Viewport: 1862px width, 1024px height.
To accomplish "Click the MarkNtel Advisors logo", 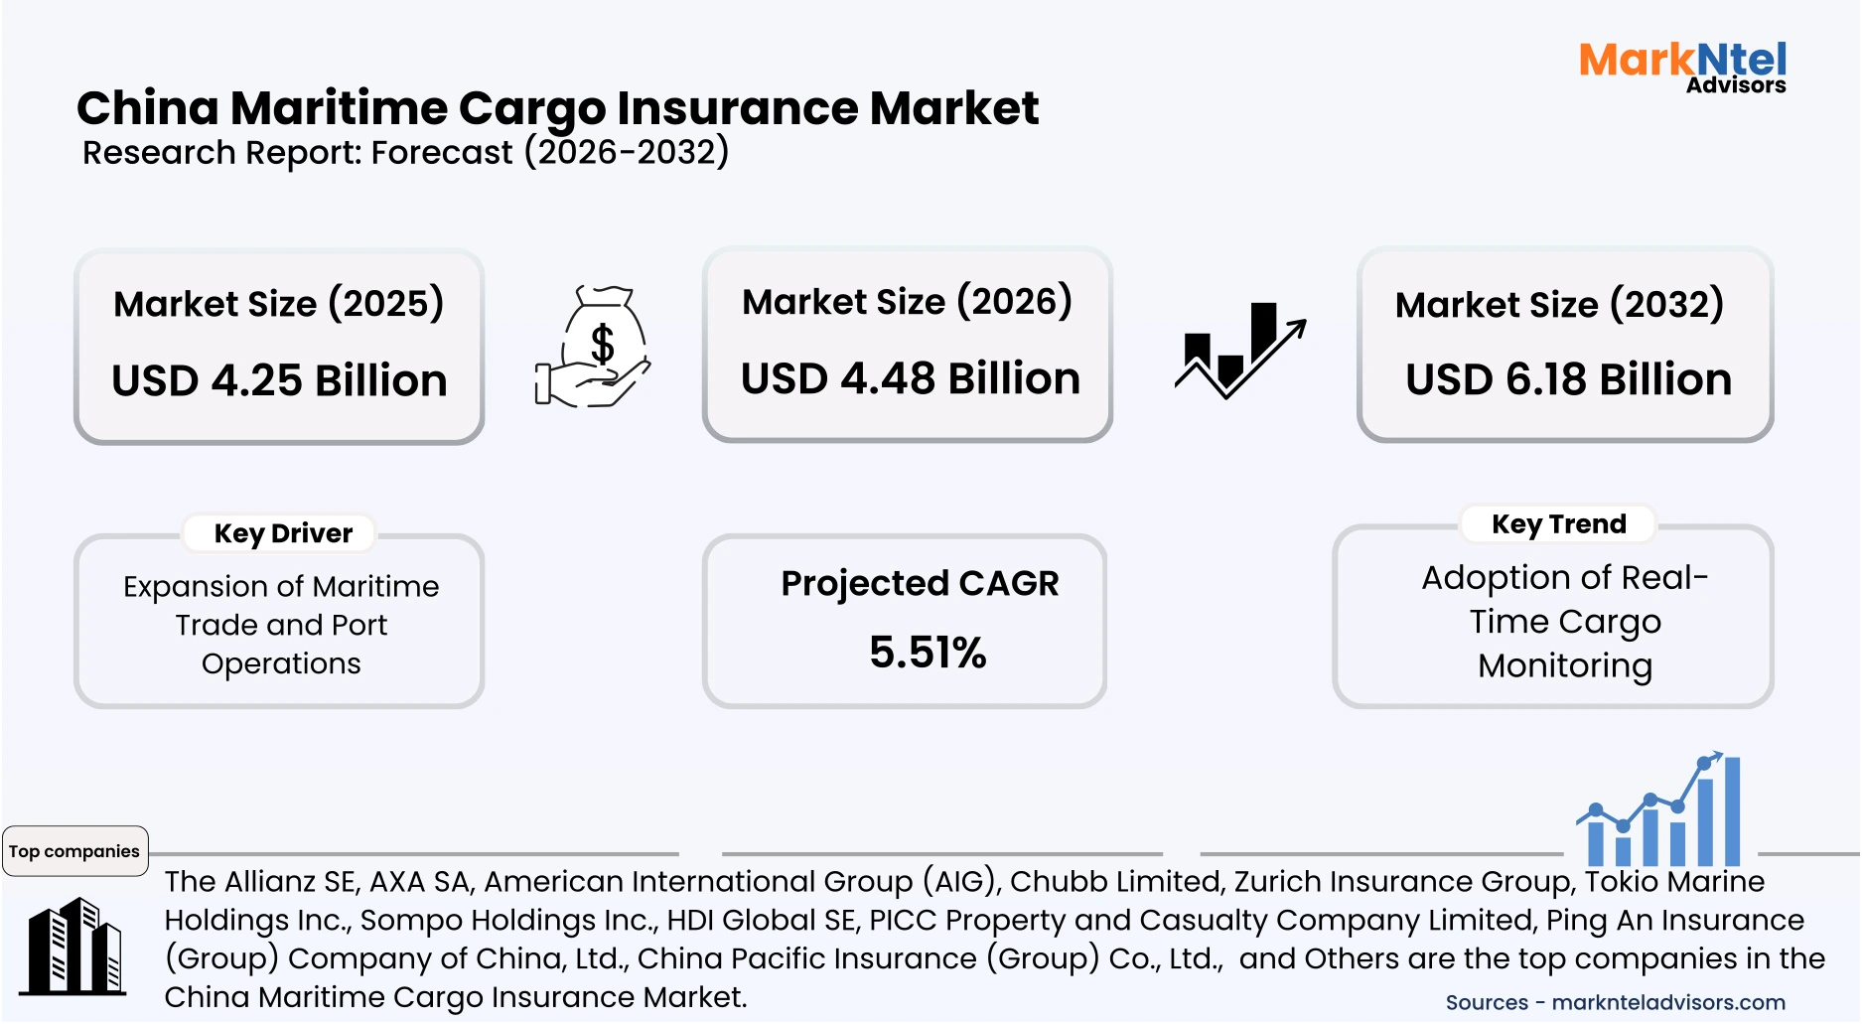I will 1682,67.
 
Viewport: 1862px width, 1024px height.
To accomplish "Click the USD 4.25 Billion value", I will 279,380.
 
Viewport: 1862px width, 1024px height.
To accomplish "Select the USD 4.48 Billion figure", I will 910,378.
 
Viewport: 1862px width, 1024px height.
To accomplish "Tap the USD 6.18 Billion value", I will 1568,379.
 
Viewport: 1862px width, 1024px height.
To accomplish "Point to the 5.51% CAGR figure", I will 928,653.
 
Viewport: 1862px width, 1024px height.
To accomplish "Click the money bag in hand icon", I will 594,347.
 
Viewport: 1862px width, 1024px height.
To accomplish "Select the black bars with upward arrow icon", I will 1239,350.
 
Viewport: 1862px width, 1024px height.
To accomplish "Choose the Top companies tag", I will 74,851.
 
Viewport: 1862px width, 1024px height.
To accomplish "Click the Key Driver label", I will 283,533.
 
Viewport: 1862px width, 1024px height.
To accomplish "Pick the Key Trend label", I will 1559,523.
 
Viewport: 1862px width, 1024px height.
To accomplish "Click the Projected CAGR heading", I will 920,583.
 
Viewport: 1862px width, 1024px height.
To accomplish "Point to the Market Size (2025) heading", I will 278,303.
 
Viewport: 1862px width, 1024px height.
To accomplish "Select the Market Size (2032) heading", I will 1559,304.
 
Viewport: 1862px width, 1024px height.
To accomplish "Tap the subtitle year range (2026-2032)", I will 627,152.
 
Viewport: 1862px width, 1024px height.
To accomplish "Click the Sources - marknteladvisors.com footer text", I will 1615,1002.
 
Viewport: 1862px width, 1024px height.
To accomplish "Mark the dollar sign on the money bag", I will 602,345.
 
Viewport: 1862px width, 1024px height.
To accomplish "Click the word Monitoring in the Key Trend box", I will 1565,665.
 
